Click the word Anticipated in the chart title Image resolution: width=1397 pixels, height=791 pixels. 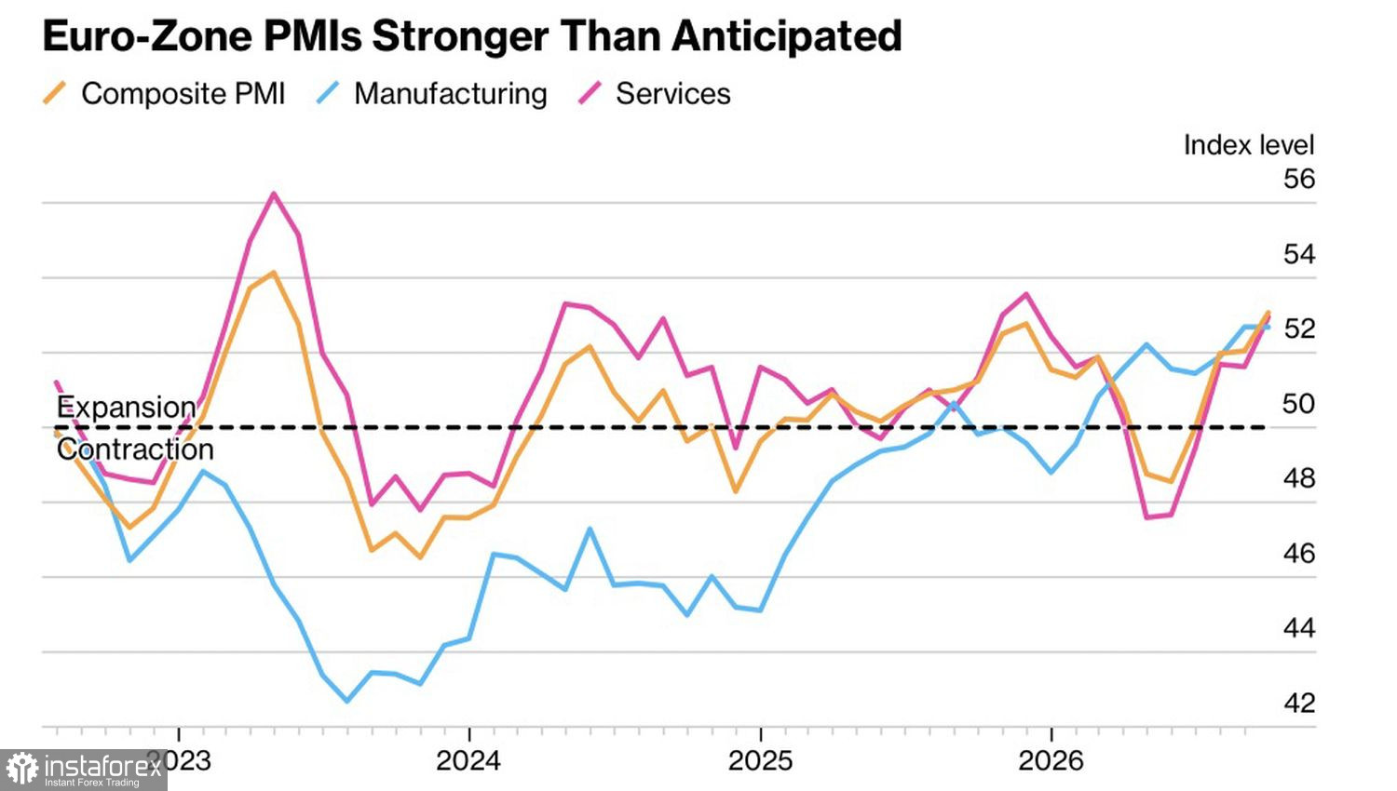(786, 37)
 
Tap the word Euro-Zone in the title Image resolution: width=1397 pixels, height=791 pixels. (147, 35)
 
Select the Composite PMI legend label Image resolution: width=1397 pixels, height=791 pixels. (183, 94)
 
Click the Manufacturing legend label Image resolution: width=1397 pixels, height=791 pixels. (450, 94)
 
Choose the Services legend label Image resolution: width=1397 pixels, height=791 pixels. (673, 94)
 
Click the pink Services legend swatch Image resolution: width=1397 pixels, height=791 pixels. (590, 93)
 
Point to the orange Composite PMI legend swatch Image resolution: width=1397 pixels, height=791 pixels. (54, 93)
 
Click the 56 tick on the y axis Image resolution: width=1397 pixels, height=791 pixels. (1298, 180)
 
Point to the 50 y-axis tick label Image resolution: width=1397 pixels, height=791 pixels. (1298, 404)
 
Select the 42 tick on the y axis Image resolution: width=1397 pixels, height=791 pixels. (1299, 704)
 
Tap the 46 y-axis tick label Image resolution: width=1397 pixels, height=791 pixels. (1299, 554)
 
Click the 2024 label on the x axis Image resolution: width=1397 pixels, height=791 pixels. (468, 761)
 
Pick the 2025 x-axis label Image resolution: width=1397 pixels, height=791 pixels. (760, 761)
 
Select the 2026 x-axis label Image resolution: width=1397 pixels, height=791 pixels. (1051, 761)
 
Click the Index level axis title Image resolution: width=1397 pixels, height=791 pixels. (1249, 145)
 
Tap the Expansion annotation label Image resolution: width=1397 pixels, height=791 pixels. (127, 408)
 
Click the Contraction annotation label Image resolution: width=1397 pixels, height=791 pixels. (135, 449)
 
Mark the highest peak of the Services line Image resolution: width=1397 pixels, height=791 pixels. (274, 194)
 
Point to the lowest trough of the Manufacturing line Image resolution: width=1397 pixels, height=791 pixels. (347, 702)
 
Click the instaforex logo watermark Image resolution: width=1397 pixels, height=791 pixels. (83, 770)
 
